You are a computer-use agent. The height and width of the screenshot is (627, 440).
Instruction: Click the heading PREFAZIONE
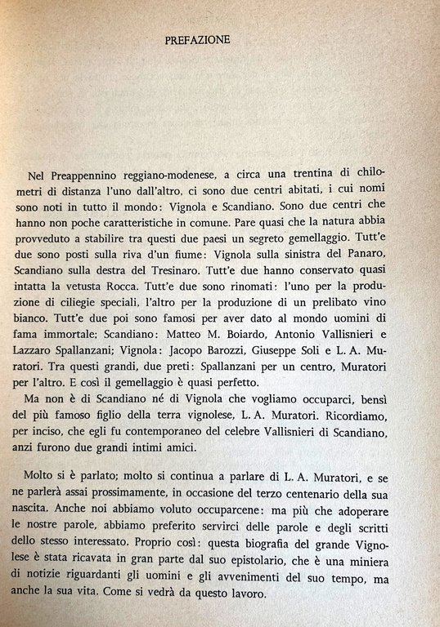pyautogui.click(x=197, y=39)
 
